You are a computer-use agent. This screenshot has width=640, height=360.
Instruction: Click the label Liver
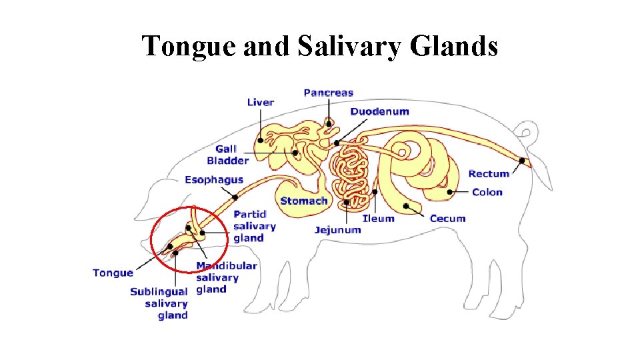(260, 102)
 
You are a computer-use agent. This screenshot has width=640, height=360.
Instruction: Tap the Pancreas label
(328, 93)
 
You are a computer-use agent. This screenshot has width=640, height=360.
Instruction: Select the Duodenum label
(379, 111)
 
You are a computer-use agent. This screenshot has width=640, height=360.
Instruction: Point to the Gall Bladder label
(227, 155)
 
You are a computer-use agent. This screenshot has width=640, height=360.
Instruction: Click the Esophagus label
(214, 180)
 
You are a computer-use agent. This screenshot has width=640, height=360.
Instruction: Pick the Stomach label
(303, 201)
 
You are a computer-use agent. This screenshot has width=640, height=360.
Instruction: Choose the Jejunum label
(338, 230)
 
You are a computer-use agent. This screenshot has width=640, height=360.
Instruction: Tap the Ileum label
(378, 219)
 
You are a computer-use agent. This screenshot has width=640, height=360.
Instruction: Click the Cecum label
(447, 219)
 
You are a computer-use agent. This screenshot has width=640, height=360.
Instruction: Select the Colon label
(487, 192)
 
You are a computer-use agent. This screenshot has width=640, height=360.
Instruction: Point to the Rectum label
(489, 174)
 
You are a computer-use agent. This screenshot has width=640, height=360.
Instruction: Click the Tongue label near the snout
(113, 273)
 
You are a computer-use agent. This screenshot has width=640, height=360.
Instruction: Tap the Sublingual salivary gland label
(159, 303)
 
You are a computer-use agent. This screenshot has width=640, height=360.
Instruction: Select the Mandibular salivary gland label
(226, 277)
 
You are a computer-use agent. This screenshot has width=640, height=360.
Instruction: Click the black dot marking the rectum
(522, 161)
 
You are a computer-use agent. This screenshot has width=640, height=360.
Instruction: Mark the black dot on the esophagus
(235, 197)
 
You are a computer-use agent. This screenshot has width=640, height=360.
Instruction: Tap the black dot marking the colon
(450, 192)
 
